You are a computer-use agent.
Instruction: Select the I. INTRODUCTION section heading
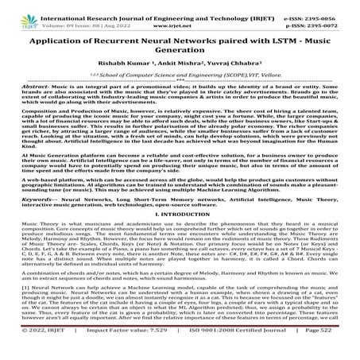pyautogui.click(x=179, y=235)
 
